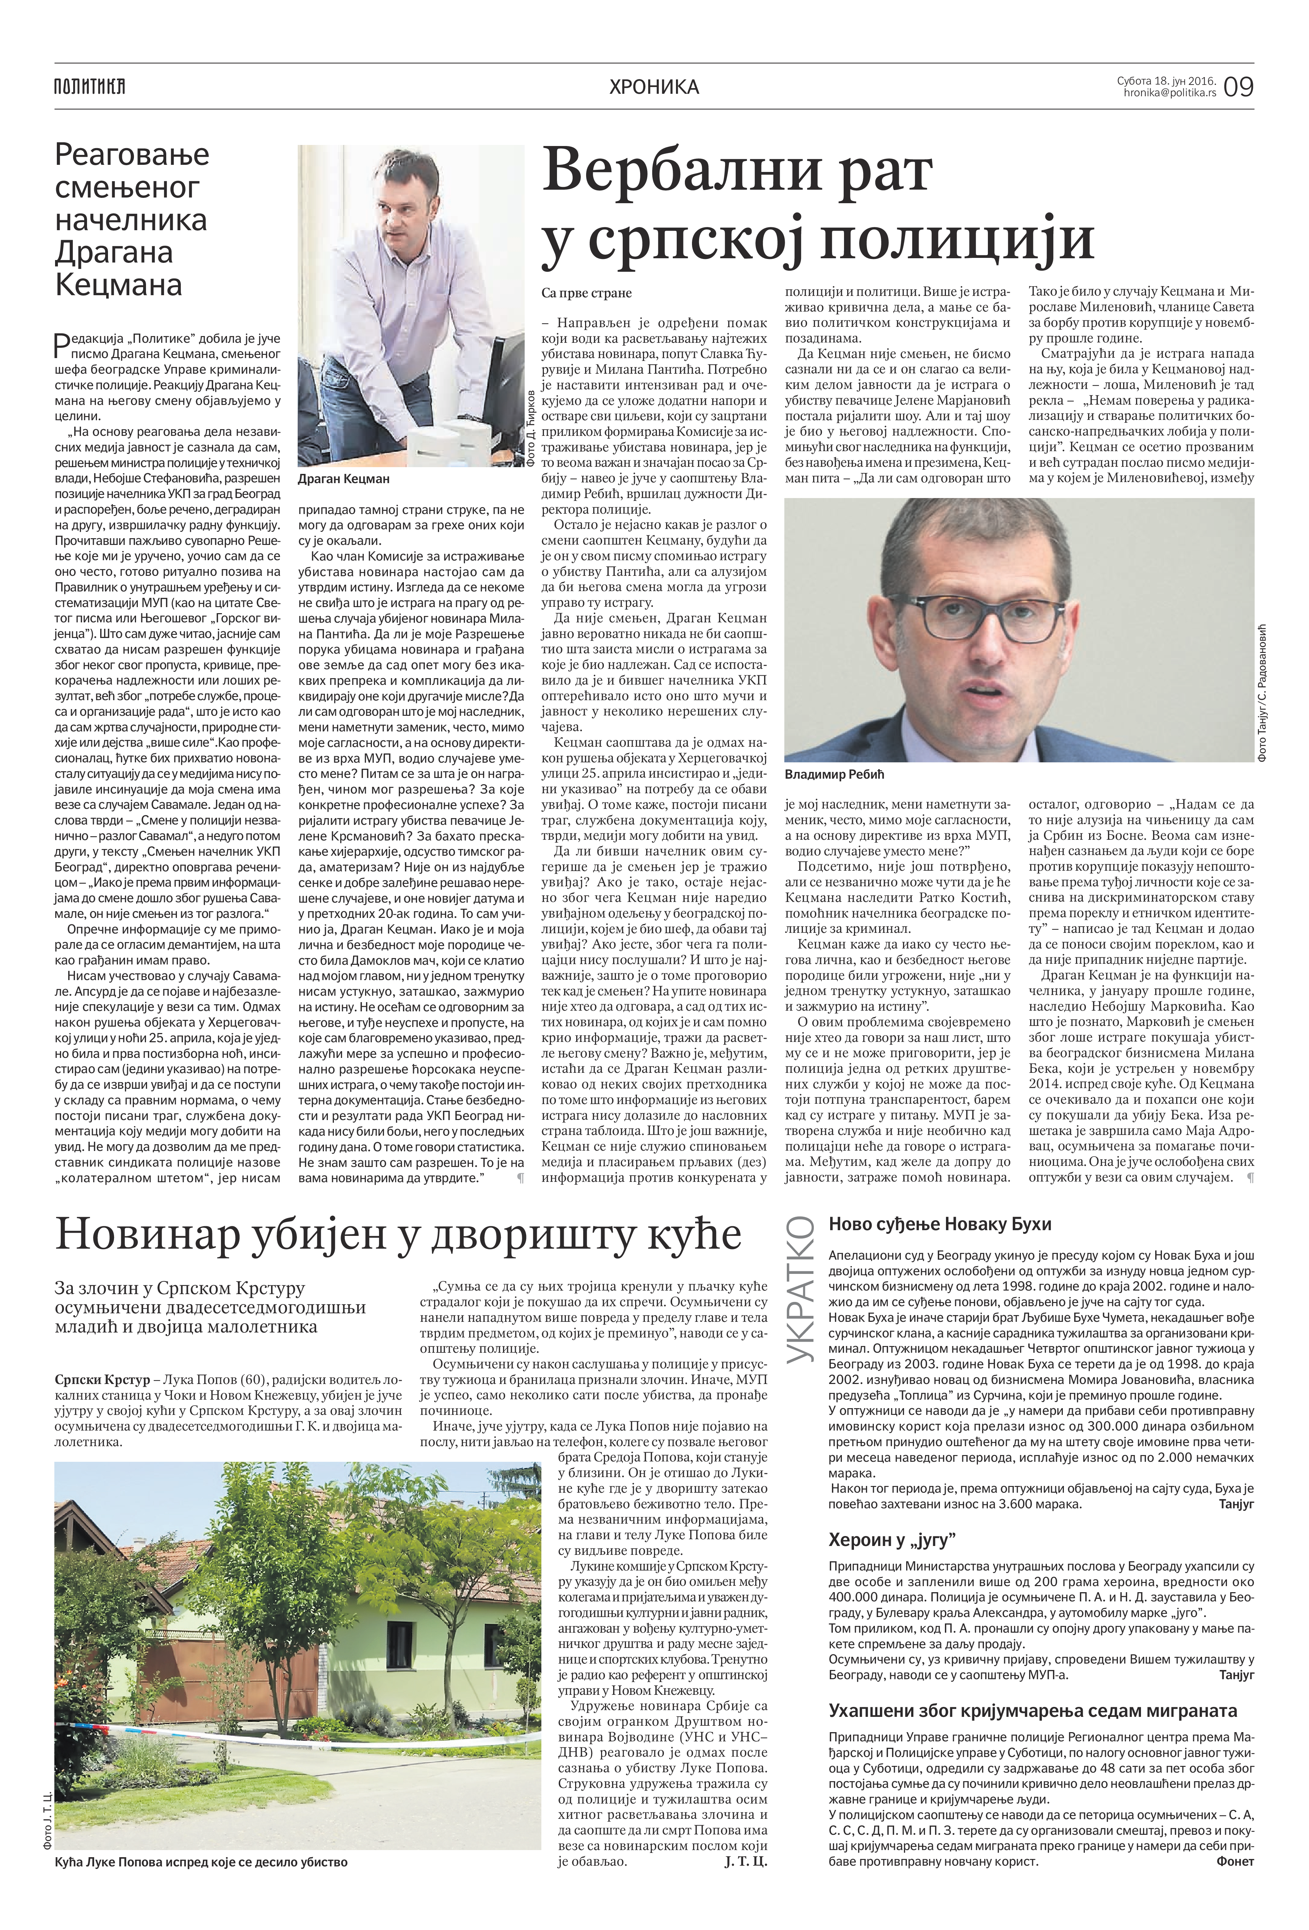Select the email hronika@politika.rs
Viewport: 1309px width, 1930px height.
[x=1169, y=94]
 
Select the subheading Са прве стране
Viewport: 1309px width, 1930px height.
[x=586, y=293]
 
